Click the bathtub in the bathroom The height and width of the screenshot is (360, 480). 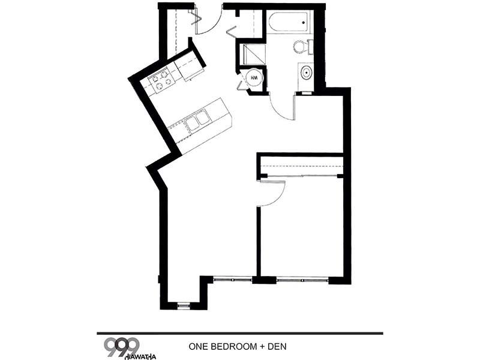click(x=289, y=23)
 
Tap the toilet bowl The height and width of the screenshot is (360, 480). click(x=299, y=47)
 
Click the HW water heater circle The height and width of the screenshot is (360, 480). click(x=254, y=78)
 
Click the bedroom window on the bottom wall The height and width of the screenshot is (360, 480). click(x=302, y=280)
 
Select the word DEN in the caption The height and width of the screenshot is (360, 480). click(x=277, y=347)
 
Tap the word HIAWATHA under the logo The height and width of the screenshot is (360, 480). click(x=141, y=356)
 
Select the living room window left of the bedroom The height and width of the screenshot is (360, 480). click(x=233, y=279)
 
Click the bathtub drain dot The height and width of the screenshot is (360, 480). click(x=304, y=22)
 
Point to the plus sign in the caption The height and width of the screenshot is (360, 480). click(x=262, y=347)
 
